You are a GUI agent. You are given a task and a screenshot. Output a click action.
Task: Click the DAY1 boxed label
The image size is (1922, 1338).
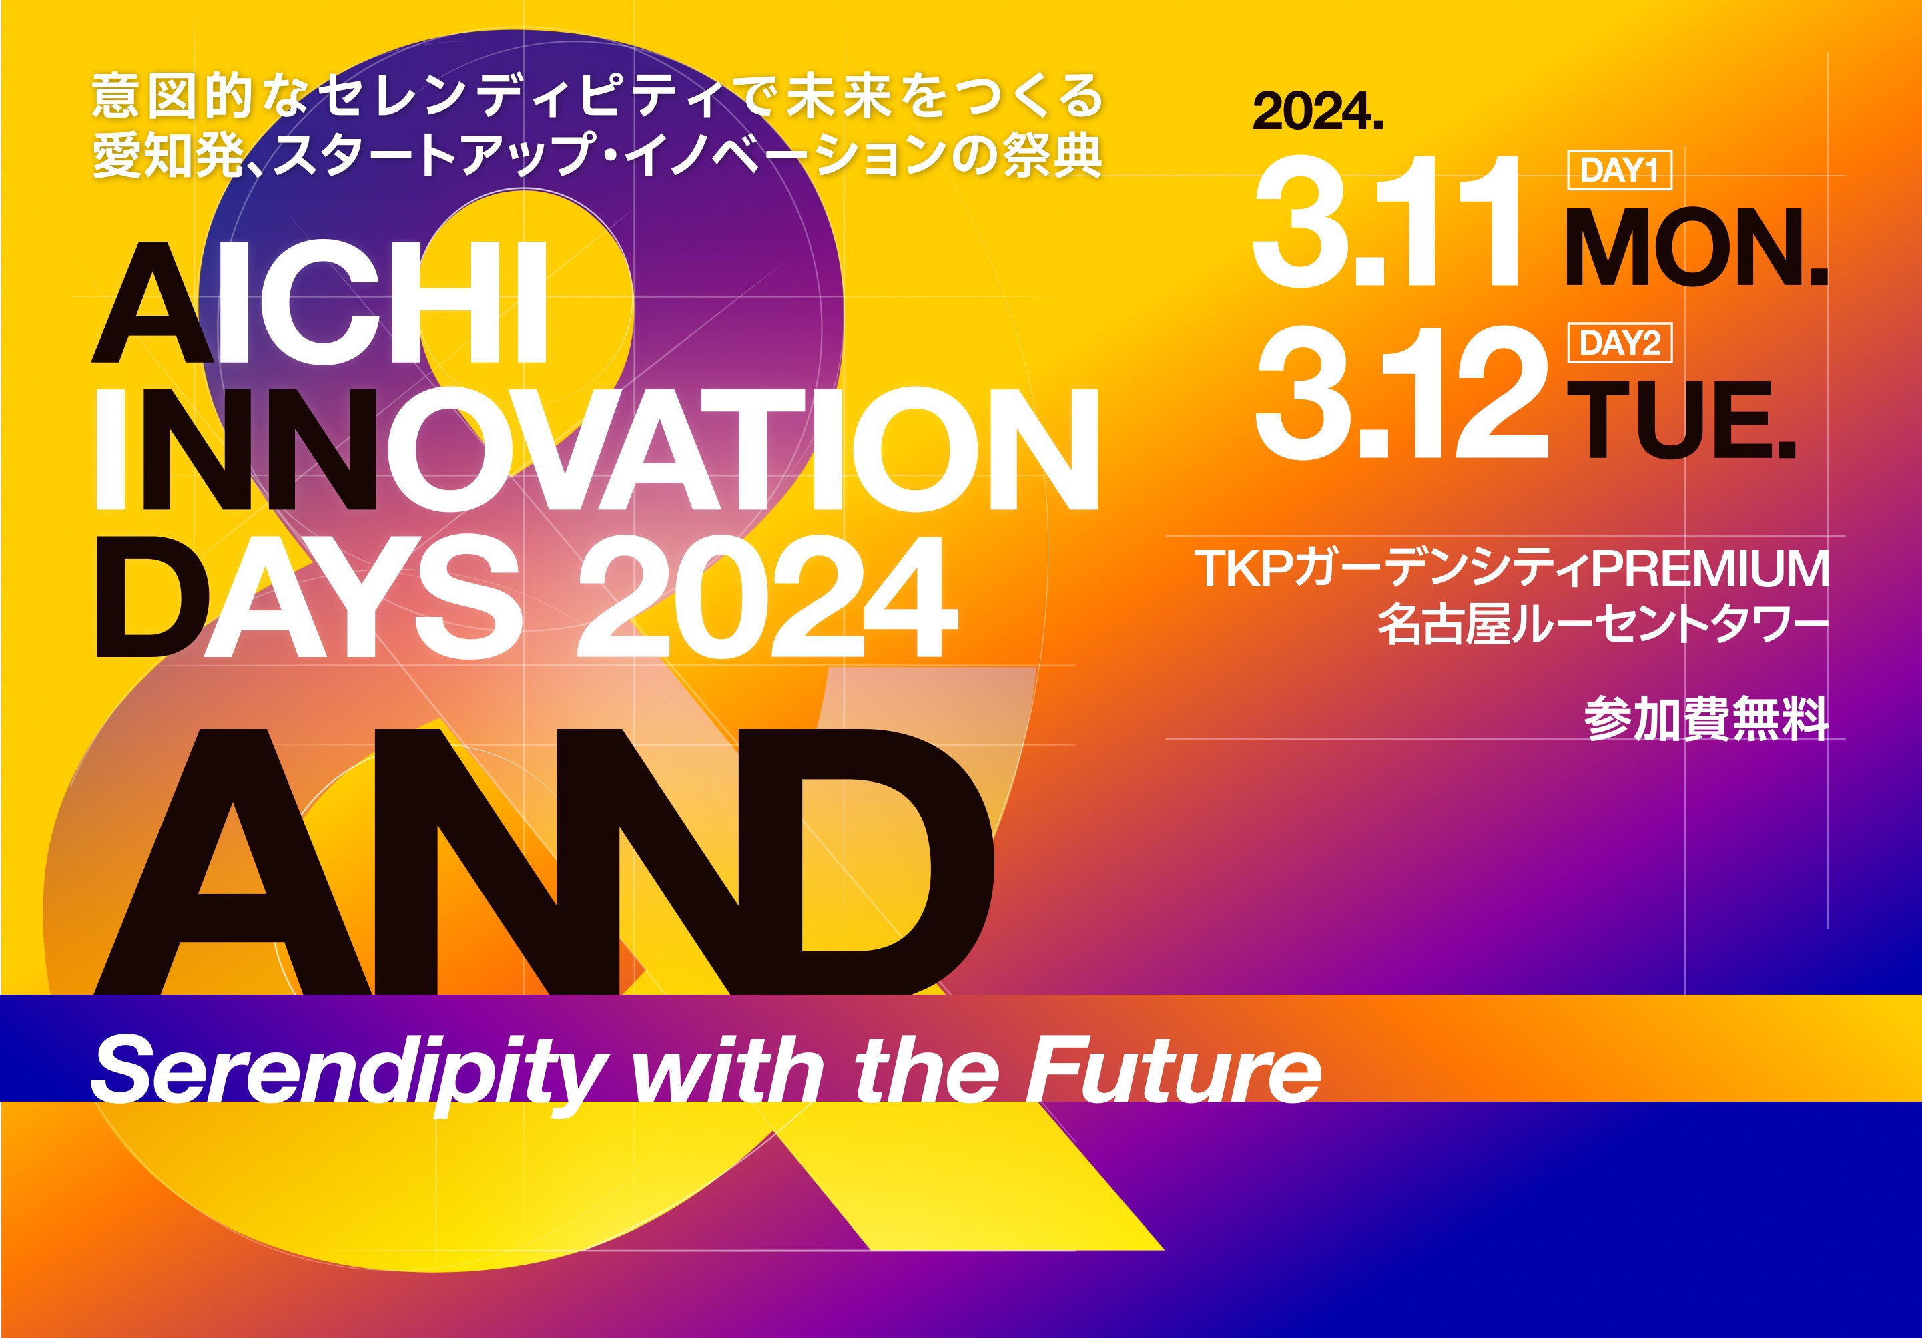click(x=1619, y=172)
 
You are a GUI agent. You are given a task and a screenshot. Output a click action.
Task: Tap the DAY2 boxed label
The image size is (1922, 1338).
click(x=1619, y=343)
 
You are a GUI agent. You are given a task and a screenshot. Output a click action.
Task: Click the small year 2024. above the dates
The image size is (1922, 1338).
click(x=1317, y=112)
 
